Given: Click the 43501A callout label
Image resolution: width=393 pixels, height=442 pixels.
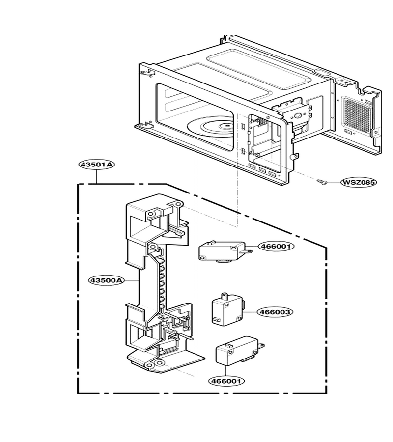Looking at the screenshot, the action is (97, 165).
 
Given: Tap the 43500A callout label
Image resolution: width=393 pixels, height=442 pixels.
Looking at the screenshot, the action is (106, 280).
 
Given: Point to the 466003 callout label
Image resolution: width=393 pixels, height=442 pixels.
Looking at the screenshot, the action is (275, 312).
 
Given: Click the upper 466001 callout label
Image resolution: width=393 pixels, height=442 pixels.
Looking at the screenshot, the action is (276, 246).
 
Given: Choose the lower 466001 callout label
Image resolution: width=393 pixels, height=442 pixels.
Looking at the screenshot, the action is (226, 381).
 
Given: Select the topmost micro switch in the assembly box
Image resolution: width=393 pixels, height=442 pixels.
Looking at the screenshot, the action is (224, 250).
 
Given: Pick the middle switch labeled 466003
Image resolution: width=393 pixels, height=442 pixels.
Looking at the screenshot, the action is (228, 309).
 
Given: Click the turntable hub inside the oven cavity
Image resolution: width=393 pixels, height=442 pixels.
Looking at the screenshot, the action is (225, 127).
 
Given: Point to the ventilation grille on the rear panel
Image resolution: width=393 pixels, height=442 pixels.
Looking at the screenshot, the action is (356, 115).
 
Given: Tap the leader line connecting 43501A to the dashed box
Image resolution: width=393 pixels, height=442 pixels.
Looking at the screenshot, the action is (97, 176).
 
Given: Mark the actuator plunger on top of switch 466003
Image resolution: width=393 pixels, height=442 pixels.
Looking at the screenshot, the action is (225, 296).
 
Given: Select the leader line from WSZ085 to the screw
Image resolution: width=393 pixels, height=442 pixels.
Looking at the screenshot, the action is (334, 182).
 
